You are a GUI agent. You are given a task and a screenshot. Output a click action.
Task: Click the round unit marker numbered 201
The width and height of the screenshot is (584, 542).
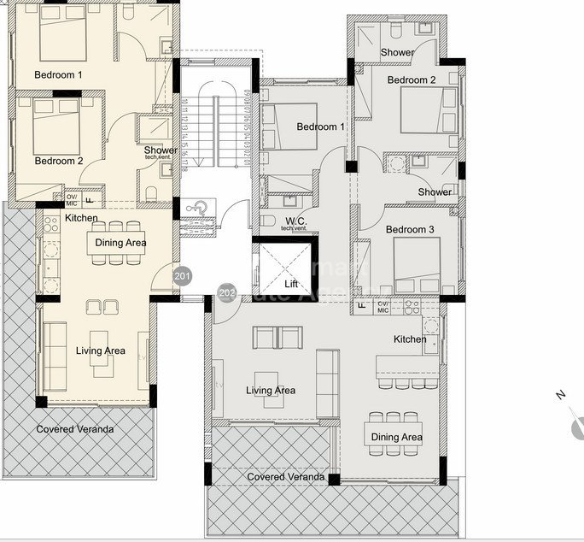(x=182, y=276)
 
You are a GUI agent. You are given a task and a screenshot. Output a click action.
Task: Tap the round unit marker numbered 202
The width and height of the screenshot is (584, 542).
(x=227, y=293)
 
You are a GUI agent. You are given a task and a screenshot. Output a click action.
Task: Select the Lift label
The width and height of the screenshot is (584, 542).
(x=290, y=283)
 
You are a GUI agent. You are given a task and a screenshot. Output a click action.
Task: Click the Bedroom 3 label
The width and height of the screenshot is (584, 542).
(x=410, y=230)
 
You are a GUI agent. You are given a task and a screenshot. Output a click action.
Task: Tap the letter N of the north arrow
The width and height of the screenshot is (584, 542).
(x=560, y=395)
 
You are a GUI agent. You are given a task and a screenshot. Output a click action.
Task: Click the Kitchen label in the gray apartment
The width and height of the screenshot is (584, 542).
(x=410, y=339)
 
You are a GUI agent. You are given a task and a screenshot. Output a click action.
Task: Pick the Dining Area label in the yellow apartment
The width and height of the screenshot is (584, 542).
(x=120, y=243)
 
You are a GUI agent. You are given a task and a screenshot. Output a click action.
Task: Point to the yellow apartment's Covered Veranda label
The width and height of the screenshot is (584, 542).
(x=74, y=429)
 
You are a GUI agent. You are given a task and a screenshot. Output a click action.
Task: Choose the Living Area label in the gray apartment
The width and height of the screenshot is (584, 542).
(x=271, y=391)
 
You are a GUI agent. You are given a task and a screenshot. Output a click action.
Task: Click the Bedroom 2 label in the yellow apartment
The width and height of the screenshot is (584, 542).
(x=58, y=161)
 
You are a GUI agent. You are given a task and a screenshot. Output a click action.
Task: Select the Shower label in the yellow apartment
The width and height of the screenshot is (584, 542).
(x=161, y=151)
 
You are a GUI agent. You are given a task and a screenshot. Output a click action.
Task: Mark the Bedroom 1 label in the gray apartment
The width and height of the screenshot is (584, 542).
(x=321, y=127)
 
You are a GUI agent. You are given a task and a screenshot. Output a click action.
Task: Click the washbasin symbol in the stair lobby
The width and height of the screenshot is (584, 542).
(x=196, y=208)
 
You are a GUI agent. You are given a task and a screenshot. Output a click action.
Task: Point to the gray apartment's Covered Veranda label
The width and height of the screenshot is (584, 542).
(x=285, y=476)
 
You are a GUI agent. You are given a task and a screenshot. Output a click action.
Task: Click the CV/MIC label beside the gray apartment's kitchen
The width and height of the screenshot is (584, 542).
(x=383, y=306)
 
